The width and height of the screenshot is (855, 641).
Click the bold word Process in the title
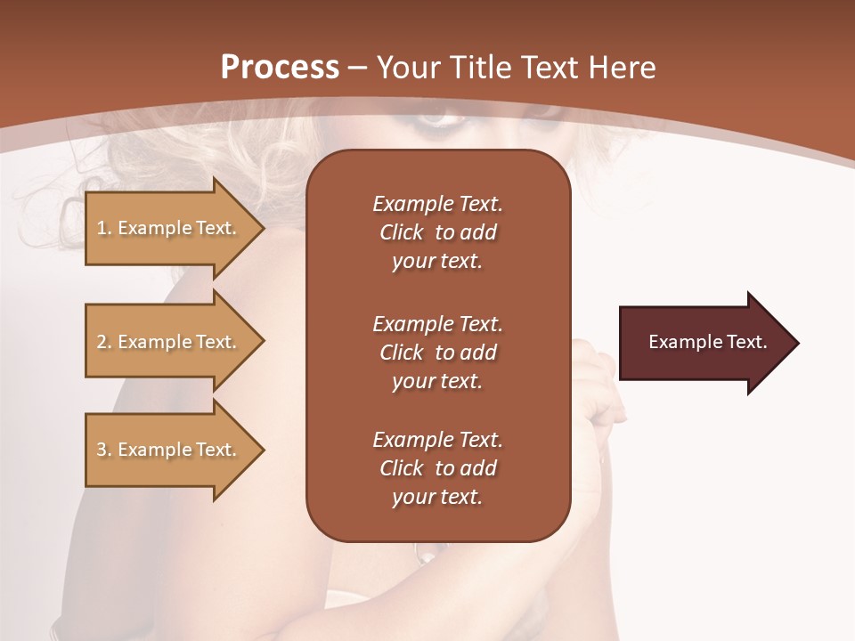pos(280,68)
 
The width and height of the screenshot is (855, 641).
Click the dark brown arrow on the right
pos(704,343)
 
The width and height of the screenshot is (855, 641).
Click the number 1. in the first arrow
pos(104,228)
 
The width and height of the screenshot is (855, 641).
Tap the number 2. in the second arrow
pos(104,342)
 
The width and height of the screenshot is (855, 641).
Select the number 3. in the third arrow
pos(104,450)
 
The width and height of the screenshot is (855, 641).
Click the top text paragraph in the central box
pos(437,232)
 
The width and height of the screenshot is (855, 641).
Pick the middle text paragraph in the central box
pos(437,353)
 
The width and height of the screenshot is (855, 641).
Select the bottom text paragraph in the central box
pos(437,468)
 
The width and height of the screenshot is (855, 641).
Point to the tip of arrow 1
pos(263,228)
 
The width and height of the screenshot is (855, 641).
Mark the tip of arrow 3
pos(263,450)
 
